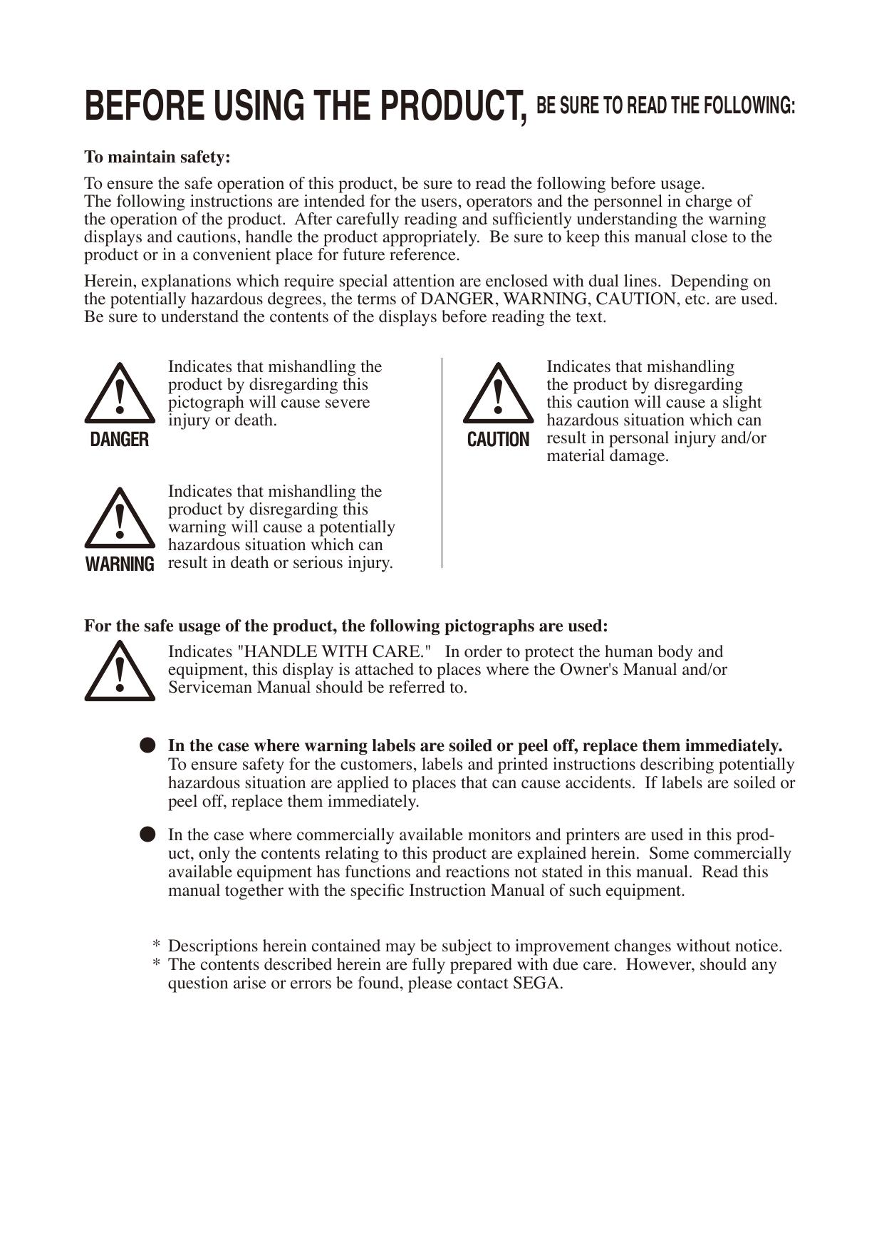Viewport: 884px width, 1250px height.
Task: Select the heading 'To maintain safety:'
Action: click(x=157, y=156)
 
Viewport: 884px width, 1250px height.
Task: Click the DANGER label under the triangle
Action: click(x=120, y=440)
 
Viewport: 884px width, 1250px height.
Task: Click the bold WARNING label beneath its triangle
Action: click(x=120, y=564)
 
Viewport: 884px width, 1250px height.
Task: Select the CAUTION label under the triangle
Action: click(x=498, y=440)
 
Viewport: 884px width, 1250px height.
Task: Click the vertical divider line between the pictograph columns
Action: click(x=442, y=463)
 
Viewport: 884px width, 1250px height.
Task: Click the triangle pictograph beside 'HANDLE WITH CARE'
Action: click(x=120, y=672)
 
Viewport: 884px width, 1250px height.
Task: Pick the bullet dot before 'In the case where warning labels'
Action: click(x=147, y=745)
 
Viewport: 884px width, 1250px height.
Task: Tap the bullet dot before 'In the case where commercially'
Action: click(x=147, y=835)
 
